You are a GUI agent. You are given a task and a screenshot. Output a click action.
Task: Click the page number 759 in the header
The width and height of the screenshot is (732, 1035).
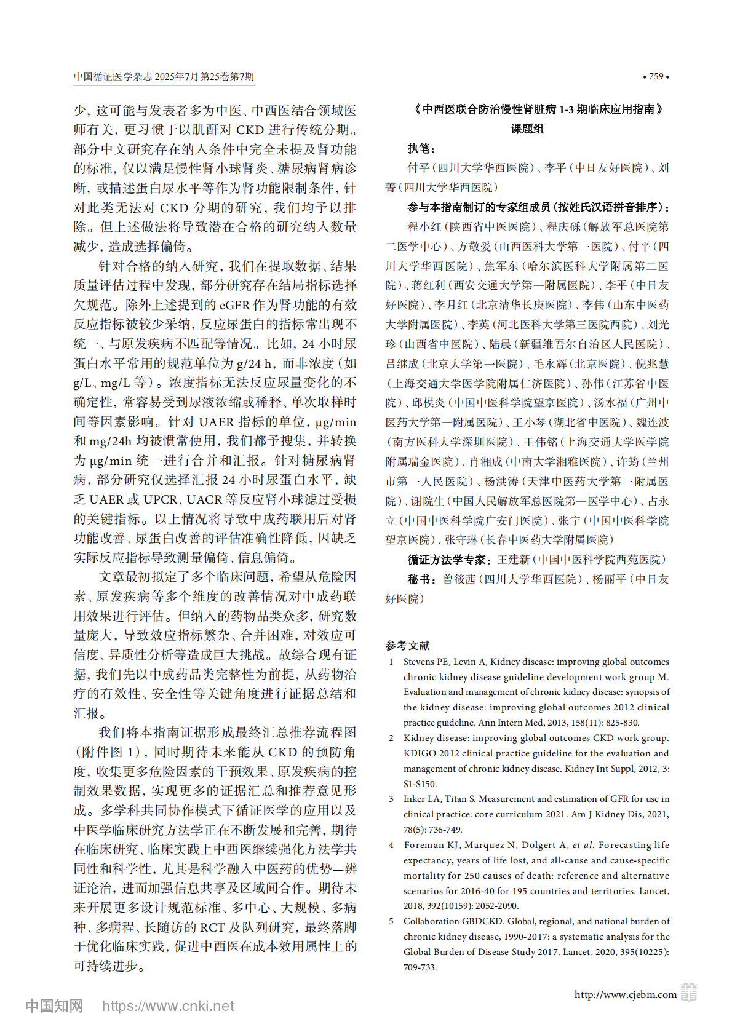coord(656,77)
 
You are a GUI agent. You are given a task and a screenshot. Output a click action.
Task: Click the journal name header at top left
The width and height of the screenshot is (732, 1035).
coord(164,77)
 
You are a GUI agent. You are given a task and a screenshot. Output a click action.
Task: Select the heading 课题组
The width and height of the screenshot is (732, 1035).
coord(527,129)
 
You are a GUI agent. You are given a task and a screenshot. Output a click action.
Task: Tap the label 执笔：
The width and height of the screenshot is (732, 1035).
coord(421,149)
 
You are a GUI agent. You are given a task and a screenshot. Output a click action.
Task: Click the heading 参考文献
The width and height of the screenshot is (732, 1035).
coord(407,646)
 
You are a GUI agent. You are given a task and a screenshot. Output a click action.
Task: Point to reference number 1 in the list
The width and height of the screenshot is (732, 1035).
coord(391,662)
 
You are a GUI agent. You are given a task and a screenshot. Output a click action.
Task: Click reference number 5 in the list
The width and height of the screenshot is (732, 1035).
coord(391,921)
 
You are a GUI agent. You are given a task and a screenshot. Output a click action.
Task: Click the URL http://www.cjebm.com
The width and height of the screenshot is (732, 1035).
coord(625,994)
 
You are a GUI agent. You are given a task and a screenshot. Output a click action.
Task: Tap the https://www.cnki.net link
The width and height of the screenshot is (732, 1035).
coord(168,1006)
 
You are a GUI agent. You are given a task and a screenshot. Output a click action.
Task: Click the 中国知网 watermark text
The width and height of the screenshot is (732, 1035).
coord(54,1006)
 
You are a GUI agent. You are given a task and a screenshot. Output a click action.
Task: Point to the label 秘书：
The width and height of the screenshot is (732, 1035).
coord(421,579)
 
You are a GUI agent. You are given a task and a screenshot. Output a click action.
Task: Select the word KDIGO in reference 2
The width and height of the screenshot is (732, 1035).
coord(420,753)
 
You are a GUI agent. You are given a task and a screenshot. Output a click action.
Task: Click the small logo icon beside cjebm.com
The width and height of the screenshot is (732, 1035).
coord(689,993)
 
